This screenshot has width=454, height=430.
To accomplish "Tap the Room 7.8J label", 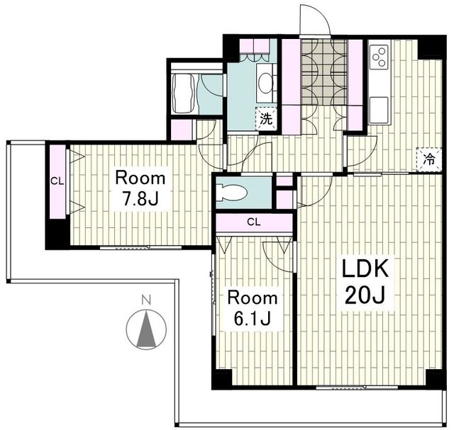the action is point(140,188).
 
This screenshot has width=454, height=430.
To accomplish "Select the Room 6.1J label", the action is point(253,308).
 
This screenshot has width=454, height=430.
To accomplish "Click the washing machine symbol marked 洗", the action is point(266,119).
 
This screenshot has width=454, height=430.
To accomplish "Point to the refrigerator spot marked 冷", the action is point(428,159).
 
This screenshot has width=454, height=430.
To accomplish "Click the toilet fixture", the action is point(233,192).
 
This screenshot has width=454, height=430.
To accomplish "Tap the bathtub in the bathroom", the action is point(184,93).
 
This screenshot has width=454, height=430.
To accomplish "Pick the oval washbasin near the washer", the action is point(265,83).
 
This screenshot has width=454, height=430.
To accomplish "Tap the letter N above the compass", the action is point(147,299).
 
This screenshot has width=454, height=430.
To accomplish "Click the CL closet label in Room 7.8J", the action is point(57,181).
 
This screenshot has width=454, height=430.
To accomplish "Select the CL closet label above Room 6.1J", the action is point(254,222).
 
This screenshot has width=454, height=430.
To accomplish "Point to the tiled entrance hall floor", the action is point(324,72).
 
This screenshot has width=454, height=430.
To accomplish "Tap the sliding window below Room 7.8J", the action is point(140,247).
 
